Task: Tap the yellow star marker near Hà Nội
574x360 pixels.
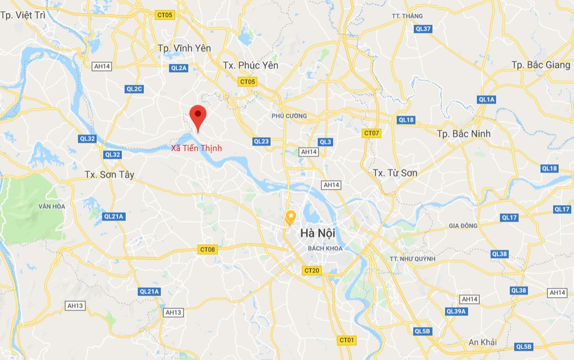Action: click(x=291, y=217)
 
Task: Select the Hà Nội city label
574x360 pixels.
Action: click(x=317, y=233)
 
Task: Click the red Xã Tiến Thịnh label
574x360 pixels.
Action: click(x=197, y=148)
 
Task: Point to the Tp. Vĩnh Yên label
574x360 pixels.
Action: click(x=184, y=48)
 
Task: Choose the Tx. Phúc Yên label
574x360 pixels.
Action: click(x=251, y=65)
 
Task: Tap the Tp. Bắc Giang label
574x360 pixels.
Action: click(x=541, y=65)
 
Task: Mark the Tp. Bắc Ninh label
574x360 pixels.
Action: click(x=463, y=133)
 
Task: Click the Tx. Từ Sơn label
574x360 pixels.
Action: click(x=395, y=173)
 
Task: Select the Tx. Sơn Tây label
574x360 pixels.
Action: click(x=109, y=175)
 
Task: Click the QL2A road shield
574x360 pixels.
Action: click(x=179, y=68)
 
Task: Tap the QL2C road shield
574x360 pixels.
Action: click(x=134, y=89)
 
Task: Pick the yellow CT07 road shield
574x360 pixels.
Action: click(x=371, y=133)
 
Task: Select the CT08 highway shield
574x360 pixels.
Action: click(x=207, y=249)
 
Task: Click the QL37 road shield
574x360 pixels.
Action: click(x=423, y=29)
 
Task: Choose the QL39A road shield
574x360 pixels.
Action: click(x=456, y=312)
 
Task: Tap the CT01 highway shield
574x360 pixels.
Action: click(x=347, y=340)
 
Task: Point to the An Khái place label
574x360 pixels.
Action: click(x=483, y=342)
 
